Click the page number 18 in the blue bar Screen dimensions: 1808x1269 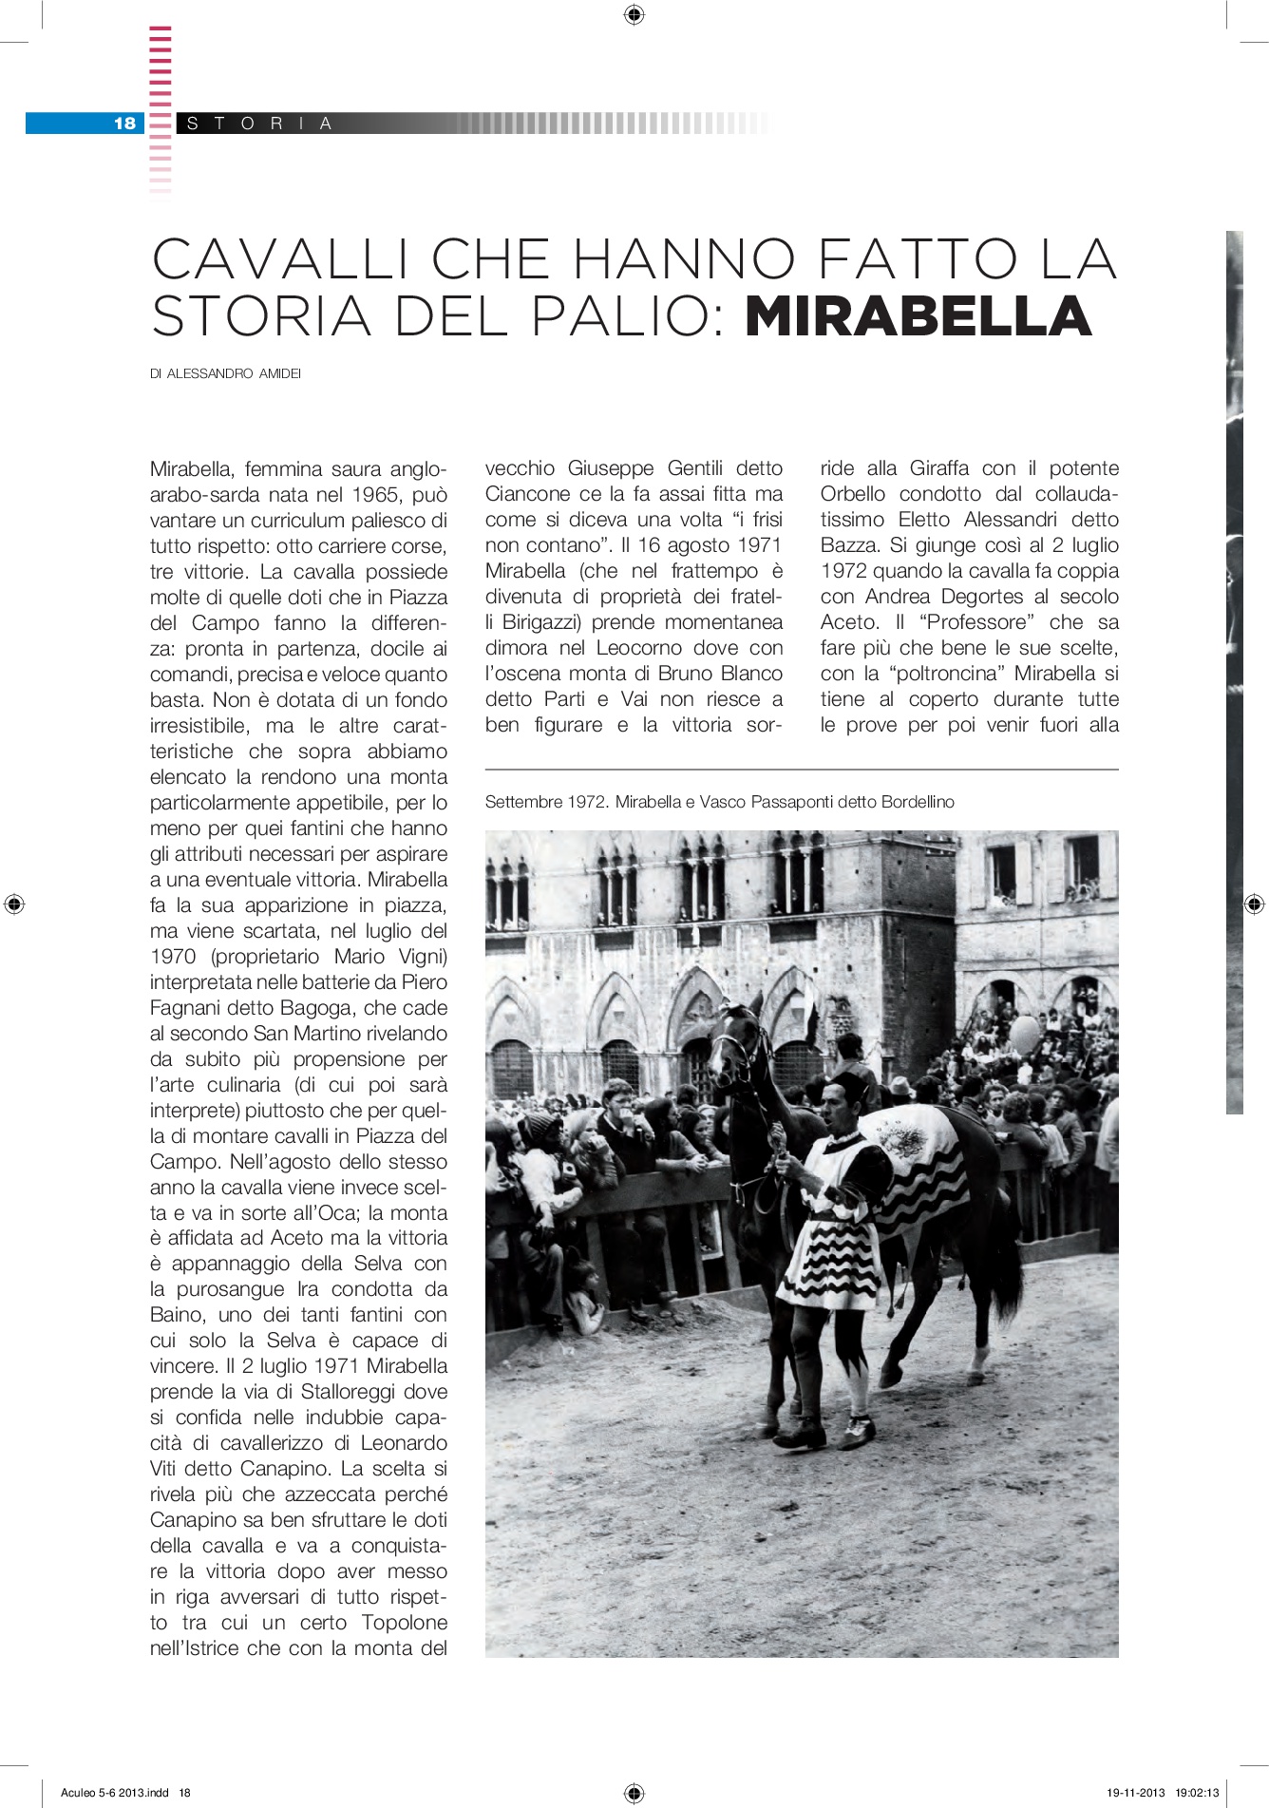pyautogui.click(x=124, y=123)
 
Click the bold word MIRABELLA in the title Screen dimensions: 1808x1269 pyautogui.click(x=918, y=316)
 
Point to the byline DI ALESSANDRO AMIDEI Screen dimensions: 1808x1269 pyautogui.click(x=225, y=374)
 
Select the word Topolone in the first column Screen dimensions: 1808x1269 pyautogui.click(x=400, y=1623)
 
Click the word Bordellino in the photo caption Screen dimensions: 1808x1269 pyautogui.click(x=918, y=802)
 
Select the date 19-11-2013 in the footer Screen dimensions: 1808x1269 pyautogui.click(x=1135, y=1793)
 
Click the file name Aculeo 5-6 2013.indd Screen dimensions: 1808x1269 pyautogui.click(x=115, y=1793)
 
